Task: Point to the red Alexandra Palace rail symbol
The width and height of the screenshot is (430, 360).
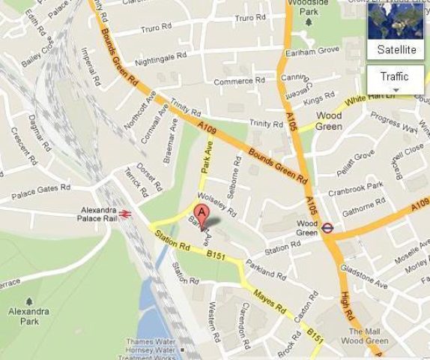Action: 125,214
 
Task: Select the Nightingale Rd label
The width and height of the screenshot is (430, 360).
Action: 161,57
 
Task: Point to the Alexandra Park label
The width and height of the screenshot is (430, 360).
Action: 28,316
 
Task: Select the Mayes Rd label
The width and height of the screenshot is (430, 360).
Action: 270,300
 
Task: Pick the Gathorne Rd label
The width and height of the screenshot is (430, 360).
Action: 363,208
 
